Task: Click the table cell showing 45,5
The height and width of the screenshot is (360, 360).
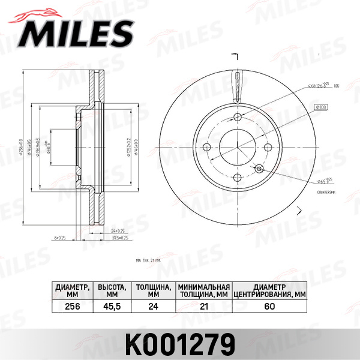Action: coord(112,307)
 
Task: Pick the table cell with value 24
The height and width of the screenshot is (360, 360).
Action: coord(152,307)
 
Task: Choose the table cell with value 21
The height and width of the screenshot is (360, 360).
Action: coord(203,307)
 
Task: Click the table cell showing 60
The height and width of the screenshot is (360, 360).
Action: coord(269,307)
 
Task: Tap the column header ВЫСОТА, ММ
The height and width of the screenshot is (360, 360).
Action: coord(112,290)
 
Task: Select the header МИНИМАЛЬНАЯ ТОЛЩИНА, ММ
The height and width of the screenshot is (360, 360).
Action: coord(203,290)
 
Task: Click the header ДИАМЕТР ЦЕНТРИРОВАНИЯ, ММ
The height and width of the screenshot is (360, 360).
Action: coord(269,290)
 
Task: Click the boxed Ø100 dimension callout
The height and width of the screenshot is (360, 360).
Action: coord(319,107)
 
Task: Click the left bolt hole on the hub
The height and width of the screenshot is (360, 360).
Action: coord(208,146)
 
